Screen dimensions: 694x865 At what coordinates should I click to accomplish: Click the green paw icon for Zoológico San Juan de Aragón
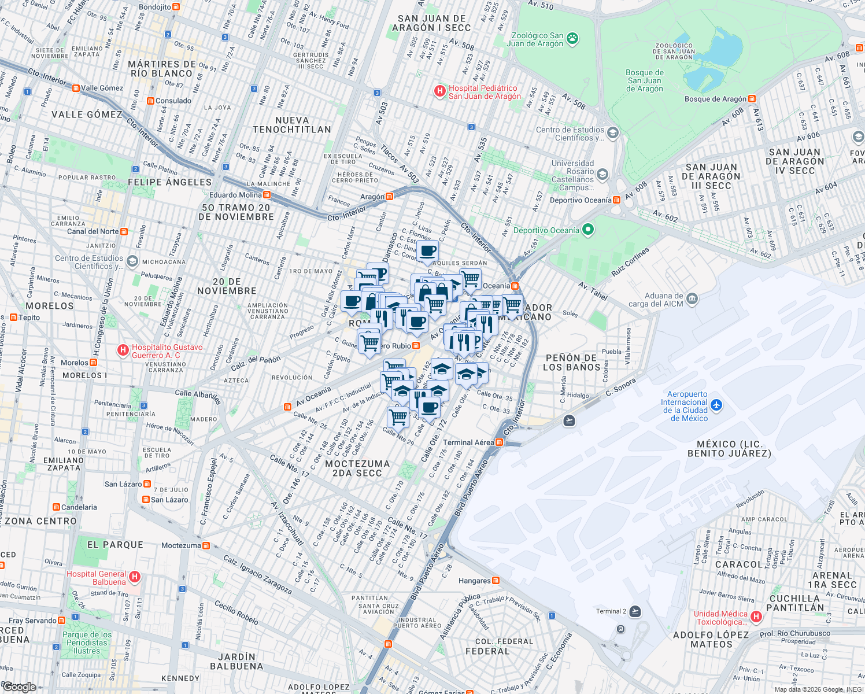[572, 39]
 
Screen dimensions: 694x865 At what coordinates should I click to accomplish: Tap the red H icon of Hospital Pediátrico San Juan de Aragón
[440, 91]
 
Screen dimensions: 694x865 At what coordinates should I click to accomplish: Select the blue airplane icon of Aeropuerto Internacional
[716, 405]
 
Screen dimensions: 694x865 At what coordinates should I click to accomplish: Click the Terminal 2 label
[611, 611]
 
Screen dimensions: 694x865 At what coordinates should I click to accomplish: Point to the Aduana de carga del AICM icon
[692, 299]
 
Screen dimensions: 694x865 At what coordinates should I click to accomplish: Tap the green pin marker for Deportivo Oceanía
[588, 230]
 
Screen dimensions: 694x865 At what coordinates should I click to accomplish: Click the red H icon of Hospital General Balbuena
[135, 577]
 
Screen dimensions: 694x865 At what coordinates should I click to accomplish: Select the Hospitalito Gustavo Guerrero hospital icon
[123, 350]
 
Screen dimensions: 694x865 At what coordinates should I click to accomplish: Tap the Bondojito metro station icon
[176, 7]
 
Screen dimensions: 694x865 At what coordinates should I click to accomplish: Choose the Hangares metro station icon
[496, 581]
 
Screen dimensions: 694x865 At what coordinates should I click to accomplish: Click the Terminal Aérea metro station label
[468, 442]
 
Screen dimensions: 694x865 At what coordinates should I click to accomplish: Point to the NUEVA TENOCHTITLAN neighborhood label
[292, 125]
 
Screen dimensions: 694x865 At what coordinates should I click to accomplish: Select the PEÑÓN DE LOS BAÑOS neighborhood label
[571, 363]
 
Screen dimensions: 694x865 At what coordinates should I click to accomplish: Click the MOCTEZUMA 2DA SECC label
[357, 468]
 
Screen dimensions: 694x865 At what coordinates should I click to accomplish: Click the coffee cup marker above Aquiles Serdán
[428, 251]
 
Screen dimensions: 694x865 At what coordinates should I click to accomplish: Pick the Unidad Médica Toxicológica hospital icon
[756, 617]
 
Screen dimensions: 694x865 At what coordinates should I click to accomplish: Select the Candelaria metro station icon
[56, 507]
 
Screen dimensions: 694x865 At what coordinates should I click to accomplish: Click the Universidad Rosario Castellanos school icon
[602, 175]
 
